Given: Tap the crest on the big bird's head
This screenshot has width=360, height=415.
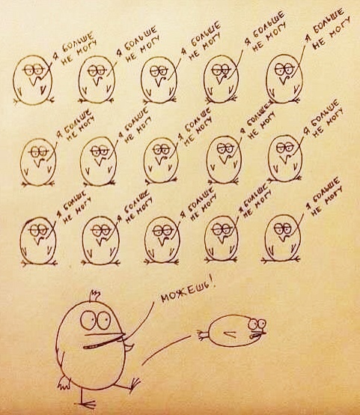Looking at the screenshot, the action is (x=94, y=296).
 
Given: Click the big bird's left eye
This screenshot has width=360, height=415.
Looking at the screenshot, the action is (x=88, y=321).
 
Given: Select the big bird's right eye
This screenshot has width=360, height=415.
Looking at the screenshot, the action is (x=103, y=320).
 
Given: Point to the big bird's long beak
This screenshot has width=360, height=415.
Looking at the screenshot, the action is (x=106, y=340).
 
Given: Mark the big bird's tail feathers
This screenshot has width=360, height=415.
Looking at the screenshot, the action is (x=64, y=383).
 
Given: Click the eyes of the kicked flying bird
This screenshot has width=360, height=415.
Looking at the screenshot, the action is (x=257, y=324).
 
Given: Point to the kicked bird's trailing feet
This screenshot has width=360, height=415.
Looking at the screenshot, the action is (x=203, y=335).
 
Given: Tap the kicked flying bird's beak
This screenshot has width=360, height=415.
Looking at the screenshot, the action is (x=258, y=335).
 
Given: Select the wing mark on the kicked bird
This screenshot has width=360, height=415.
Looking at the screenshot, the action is (x=230, y=334).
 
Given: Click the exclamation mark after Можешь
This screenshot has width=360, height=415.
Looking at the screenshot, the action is (x=214, y=284).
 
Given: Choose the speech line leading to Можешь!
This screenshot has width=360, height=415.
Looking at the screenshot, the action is (x=141, y=322).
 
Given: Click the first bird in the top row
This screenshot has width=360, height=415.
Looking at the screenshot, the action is (x=33, y=79).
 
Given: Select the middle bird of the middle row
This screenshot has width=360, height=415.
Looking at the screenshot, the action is (x=162, y=160).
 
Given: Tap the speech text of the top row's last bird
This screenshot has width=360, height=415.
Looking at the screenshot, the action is (x=329, y=28).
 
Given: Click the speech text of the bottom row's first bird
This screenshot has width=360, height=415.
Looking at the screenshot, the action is (x=75, y=208).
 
